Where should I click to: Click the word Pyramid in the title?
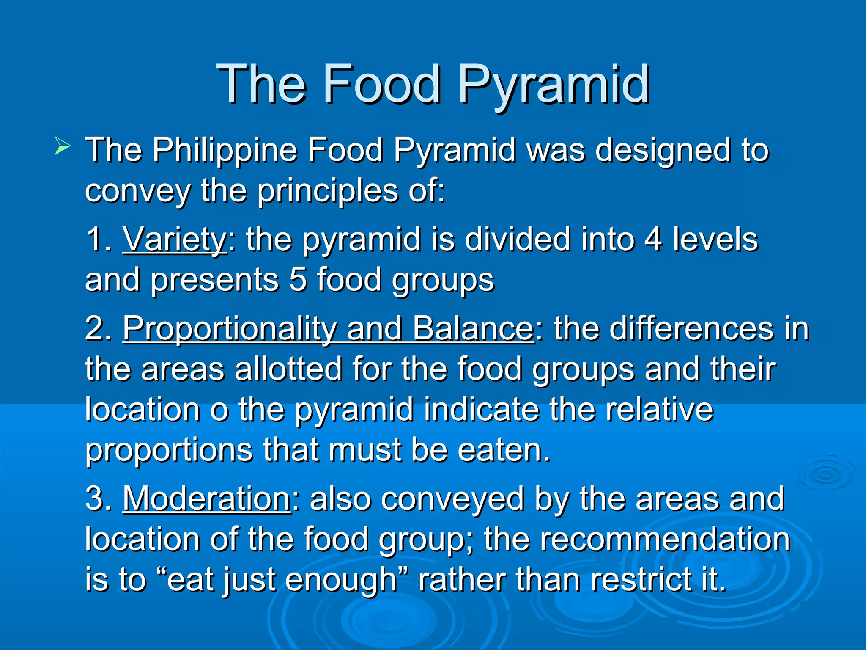554,85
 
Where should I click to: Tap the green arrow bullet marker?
62,148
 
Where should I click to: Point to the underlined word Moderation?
206,499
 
